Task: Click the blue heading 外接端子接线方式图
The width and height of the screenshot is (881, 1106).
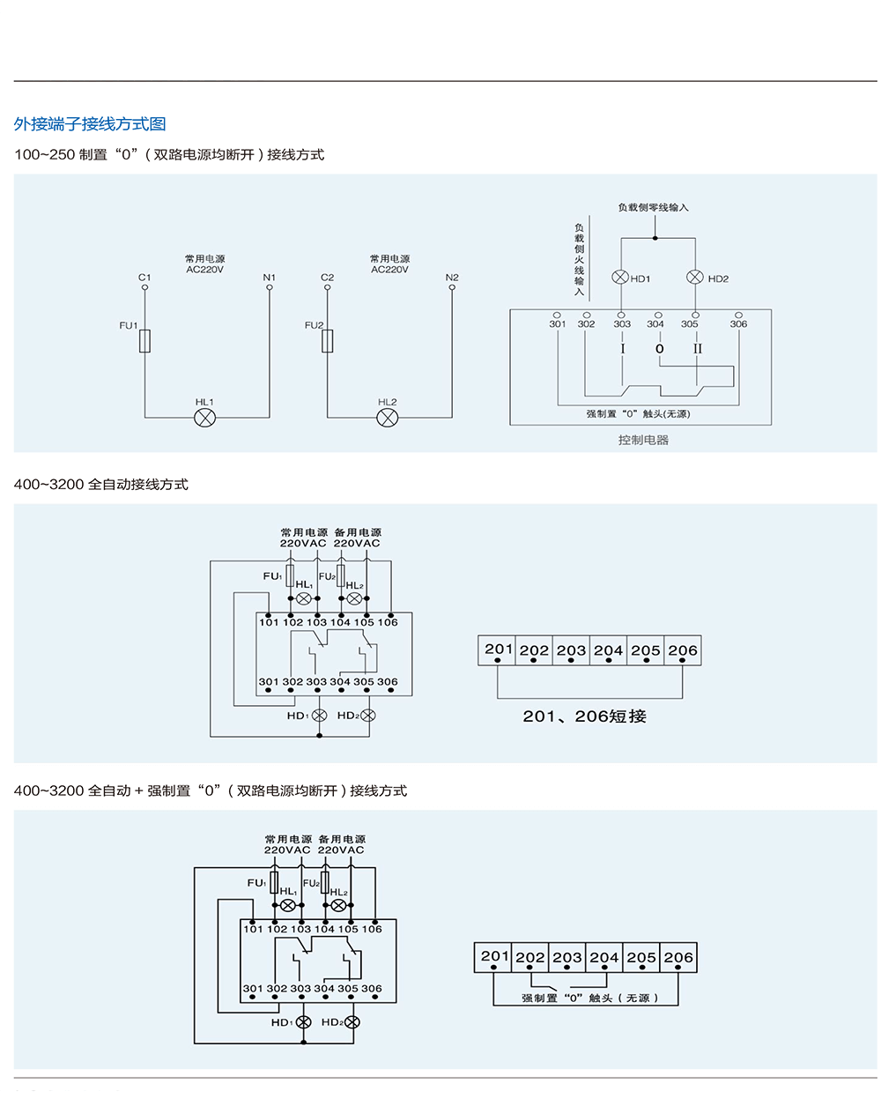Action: pos(90,124)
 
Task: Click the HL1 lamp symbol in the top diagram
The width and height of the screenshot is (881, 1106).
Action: pos(204,418)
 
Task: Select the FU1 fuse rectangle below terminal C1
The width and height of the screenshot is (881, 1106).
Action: pos(144,340)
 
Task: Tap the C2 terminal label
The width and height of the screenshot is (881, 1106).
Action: pos(328,277)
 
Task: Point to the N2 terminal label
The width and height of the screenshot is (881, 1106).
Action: pos(452,277)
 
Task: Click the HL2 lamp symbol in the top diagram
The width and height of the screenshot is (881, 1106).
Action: pos(388,418)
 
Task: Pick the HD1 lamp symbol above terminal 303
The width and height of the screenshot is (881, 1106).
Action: pos(620,278)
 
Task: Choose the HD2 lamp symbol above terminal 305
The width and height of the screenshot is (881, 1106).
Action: pos(695,278)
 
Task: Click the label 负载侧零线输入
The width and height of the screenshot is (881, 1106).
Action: pos(654,208)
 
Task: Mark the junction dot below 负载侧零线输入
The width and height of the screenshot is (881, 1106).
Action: pos(655,238)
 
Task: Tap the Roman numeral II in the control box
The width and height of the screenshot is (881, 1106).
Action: pos(698,349)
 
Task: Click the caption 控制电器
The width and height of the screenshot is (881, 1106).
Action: pos(643,440)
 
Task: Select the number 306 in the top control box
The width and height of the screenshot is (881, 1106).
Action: pos(738,324)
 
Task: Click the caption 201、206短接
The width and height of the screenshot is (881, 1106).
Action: pos(585,716)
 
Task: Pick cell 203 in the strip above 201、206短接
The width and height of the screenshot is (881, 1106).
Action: pos(571,650)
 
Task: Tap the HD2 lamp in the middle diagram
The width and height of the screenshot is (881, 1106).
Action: pos(368,716)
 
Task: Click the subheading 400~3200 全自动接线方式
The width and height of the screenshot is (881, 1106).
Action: pos(101,485)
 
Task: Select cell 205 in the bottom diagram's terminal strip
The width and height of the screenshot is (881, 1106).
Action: pos(641,957)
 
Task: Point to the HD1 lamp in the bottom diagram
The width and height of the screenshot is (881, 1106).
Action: pos(304,1022)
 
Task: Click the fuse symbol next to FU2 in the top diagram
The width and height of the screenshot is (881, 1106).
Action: pos(328,340)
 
